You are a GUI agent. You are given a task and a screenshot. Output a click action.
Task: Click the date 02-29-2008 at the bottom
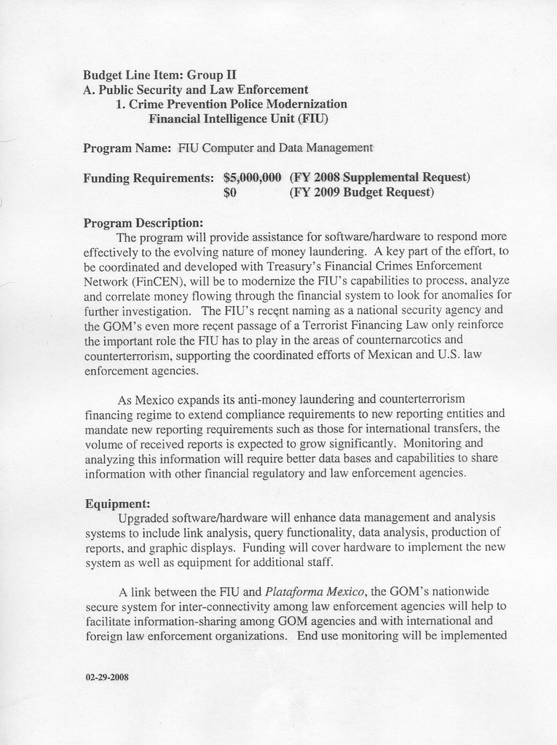point(107,677)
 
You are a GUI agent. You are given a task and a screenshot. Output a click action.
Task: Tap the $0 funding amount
point(230,192)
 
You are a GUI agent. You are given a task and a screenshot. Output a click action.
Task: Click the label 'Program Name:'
point(127,148)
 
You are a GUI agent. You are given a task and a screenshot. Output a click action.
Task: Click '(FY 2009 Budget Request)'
point(362,192)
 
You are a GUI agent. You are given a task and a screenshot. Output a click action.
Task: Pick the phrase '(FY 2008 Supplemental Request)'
point(379,177)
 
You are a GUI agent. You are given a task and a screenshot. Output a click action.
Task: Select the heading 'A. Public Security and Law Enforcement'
point(196,89)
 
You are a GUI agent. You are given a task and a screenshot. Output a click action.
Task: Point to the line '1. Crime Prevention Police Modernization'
point(231,103)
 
